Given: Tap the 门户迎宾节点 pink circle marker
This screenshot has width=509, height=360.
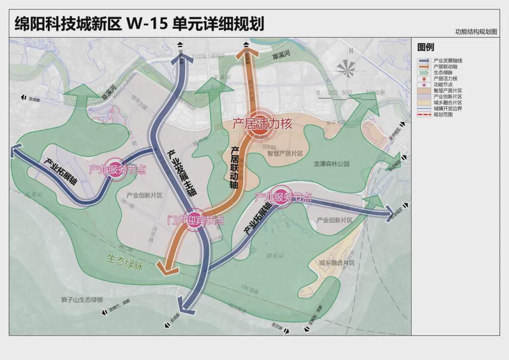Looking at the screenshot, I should click(195, 220).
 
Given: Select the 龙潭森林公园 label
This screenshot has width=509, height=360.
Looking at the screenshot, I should click(332, 164).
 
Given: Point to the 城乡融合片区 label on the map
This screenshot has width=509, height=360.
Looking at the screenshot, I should click(336, 263).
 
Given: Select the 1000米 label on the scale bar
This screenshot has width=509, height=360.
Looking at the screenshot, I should click(375, 92).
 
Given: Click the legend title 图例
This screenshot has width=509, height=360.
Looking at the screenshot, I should click(426, 47).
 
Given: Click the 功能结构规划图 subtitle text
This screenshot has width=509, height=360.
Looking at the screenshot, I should click(476, 32).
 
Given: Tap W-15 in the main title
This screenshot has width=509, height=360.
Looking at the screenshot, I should click(147, 24).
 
